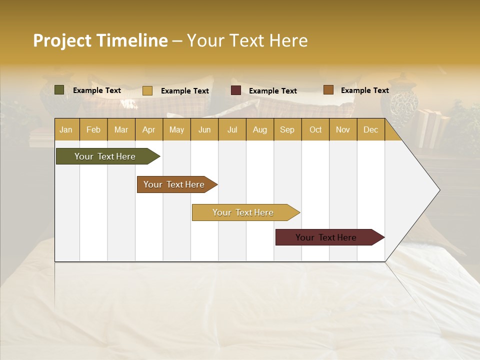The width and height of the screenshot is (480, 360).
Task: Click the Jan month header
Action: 66,129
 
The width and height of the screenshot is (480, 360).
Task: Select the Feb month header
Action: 93,129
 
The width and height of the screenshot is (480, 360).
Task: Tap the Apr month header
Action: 148,129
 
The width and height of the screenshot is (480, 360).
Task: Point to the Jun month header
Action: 204,129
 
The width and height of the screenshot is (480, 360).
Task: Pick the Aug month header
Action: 259,129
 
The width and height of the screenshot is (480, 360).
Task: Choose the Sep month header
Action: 287,129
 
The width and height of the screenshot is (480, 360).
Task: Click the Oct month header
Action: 315,129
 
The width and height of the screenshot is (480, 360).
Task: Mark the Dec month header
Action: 370,129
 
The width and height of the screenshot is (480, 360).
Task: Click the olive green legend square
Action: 59,90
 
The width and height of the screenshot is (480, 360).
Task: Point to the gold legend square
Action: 147,90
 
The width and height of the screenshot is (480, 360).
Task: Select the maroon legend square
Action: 236,90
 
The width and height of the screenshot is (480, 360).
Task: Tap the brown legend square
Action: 328,90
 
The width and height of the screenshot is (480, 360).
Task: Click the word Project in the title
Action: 62,40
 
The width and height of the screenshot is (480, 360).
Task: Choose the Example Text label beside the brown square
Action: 364,90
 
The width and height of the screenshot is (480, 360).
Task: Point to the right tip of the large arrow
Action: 438,190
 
